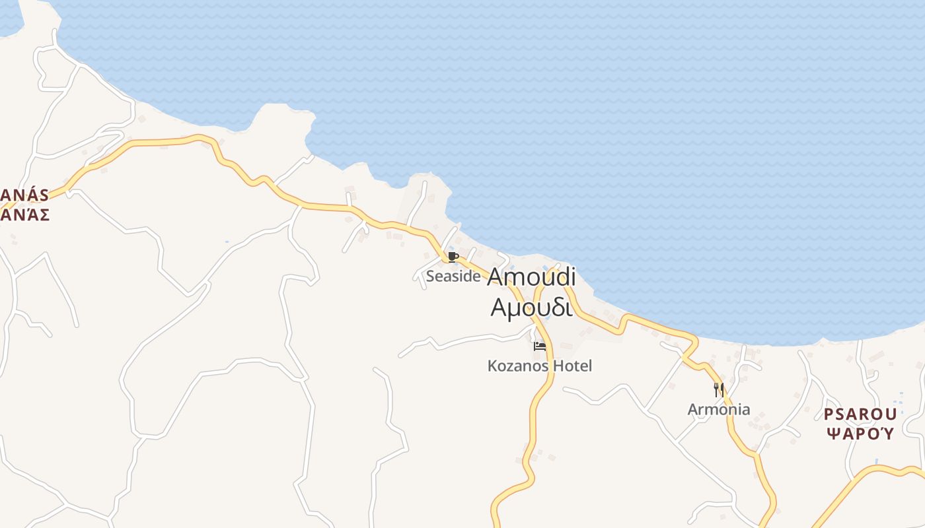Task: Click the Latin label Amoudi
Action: (531, 277)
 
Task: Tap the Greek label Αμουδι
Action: (530, 307)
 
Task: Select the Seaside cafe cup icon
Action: (453, 257)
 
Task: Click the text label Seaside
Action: (453, 277)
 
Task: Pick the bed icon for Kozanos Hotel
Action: (540, 346)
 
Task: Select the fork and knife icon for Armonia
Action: (719, 390)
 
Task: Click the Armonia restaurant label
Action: (719, 409)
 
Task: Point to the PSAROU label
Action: (860, 414)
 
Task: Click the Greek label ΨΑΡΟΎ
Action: (860, 434)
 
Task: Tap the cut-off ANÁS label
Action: (25, 195)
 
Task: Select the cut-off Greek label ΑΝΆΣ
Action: (25, 214)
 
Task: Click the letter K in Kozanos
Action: (492, 366)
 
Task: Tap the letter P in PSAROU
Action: (829, 414)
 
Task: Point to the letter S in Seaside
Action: (430, 277)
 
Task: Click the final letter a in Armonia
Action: (746, 410)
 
